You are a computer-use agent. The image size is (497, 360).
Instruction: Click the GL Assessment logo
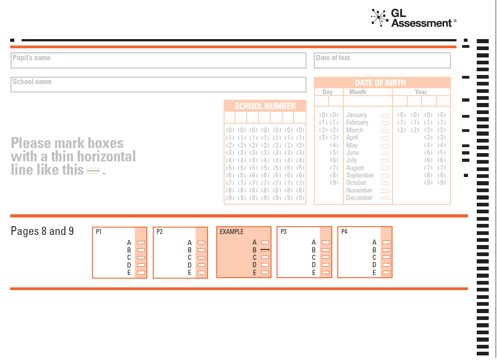414,18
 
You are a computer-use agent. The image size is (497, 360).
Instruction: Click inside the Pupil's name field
158,61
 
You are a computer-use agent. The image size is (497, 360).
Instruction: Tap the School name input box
158,85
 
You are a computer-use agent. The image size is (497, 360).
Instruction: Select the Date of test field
382,61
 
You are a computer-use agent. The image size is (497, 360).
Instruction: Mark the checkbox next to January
385,115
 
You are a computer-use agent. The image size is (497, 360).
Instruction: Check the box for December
385,199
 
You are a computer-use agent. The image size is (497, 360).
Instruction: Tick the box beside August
385,168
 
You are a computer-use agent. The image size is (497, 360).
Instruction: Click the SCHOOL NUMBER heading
265,106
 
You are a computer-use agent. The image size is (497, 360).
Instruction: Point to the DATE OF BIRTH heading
381,83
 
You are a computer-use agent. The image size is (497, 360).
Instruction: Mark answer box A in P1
141,243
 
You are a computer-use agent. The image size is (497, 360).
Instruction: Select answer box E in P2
202,273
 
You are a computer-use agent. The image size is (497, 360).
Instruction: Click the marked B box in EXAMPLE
265,250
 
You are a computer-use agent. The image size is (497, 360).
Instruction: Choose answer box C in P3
325,257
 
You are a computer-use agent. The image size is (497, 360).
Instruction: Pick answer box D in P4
387,265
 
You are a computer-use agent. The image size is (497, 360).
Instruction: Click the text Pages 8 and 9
42,231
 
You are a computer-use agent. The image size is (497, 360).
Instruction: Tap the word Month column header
358,92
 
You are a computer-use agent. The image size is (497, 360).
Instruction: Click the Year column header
421,92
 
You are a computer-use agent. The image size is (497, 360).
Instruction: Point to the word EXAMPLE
231,232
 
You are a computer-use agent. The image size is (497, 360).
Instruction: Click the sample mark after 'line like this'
93,171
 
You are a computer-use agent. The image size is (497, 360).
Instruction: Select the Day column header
328,92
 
